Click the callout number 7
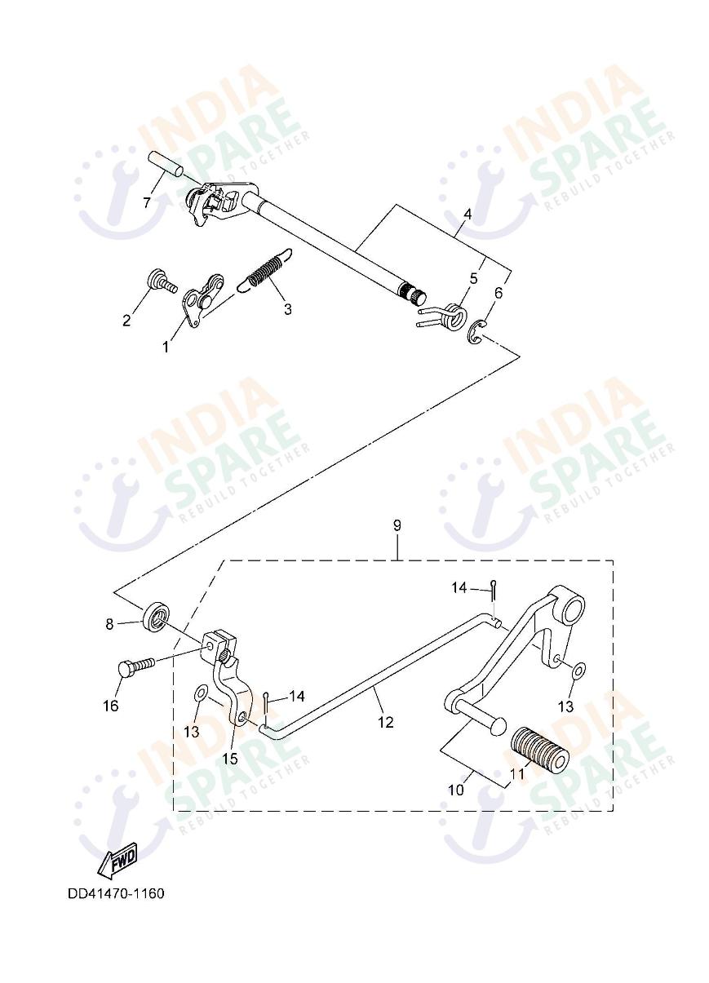coord(147,202)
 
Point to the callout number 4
coord(467,215)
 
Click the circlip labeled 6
coord(479,332)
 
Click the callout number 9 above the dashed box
coord(397,525)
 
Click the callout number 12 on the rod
coord(385,721)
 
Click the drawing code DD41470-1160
coord(116,893)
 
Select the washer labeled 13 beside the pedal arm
coord(577,671)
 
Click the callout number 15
coord(230,758)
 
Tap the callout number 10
coord(455,790)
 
